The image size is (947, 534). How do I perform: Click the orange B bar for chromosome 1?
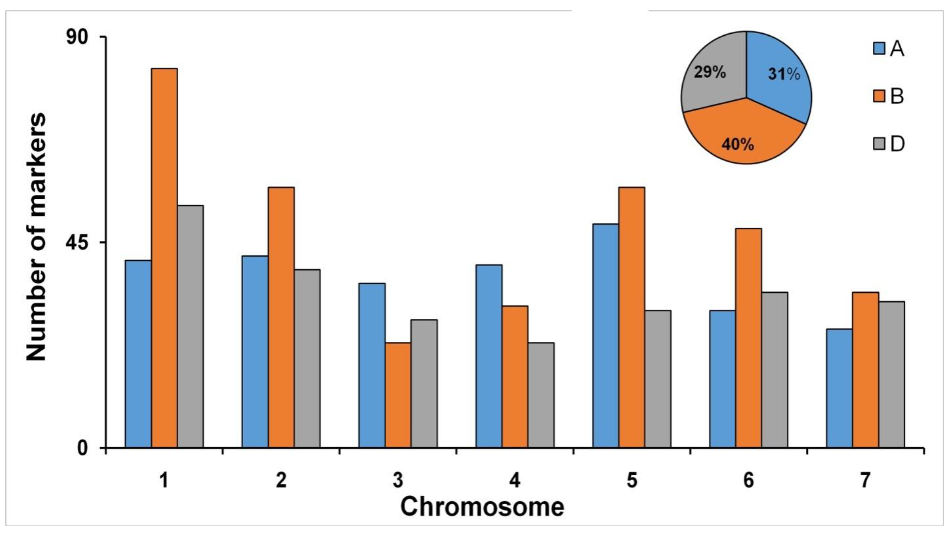point(164,257)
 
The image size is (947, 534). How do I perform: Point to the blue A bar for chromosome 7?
point(839,388)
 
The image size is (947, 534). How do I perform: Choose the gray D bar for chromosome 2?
point(307,358)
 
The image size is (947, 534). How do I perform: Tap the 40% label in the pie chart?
point(738,145)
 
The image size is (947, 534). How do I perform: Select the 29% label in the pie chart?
point(710,73)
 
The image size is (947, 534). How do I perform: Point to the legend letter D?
point(897,144)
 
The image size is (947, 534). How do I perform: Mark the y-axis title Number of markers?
point(37,237)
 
